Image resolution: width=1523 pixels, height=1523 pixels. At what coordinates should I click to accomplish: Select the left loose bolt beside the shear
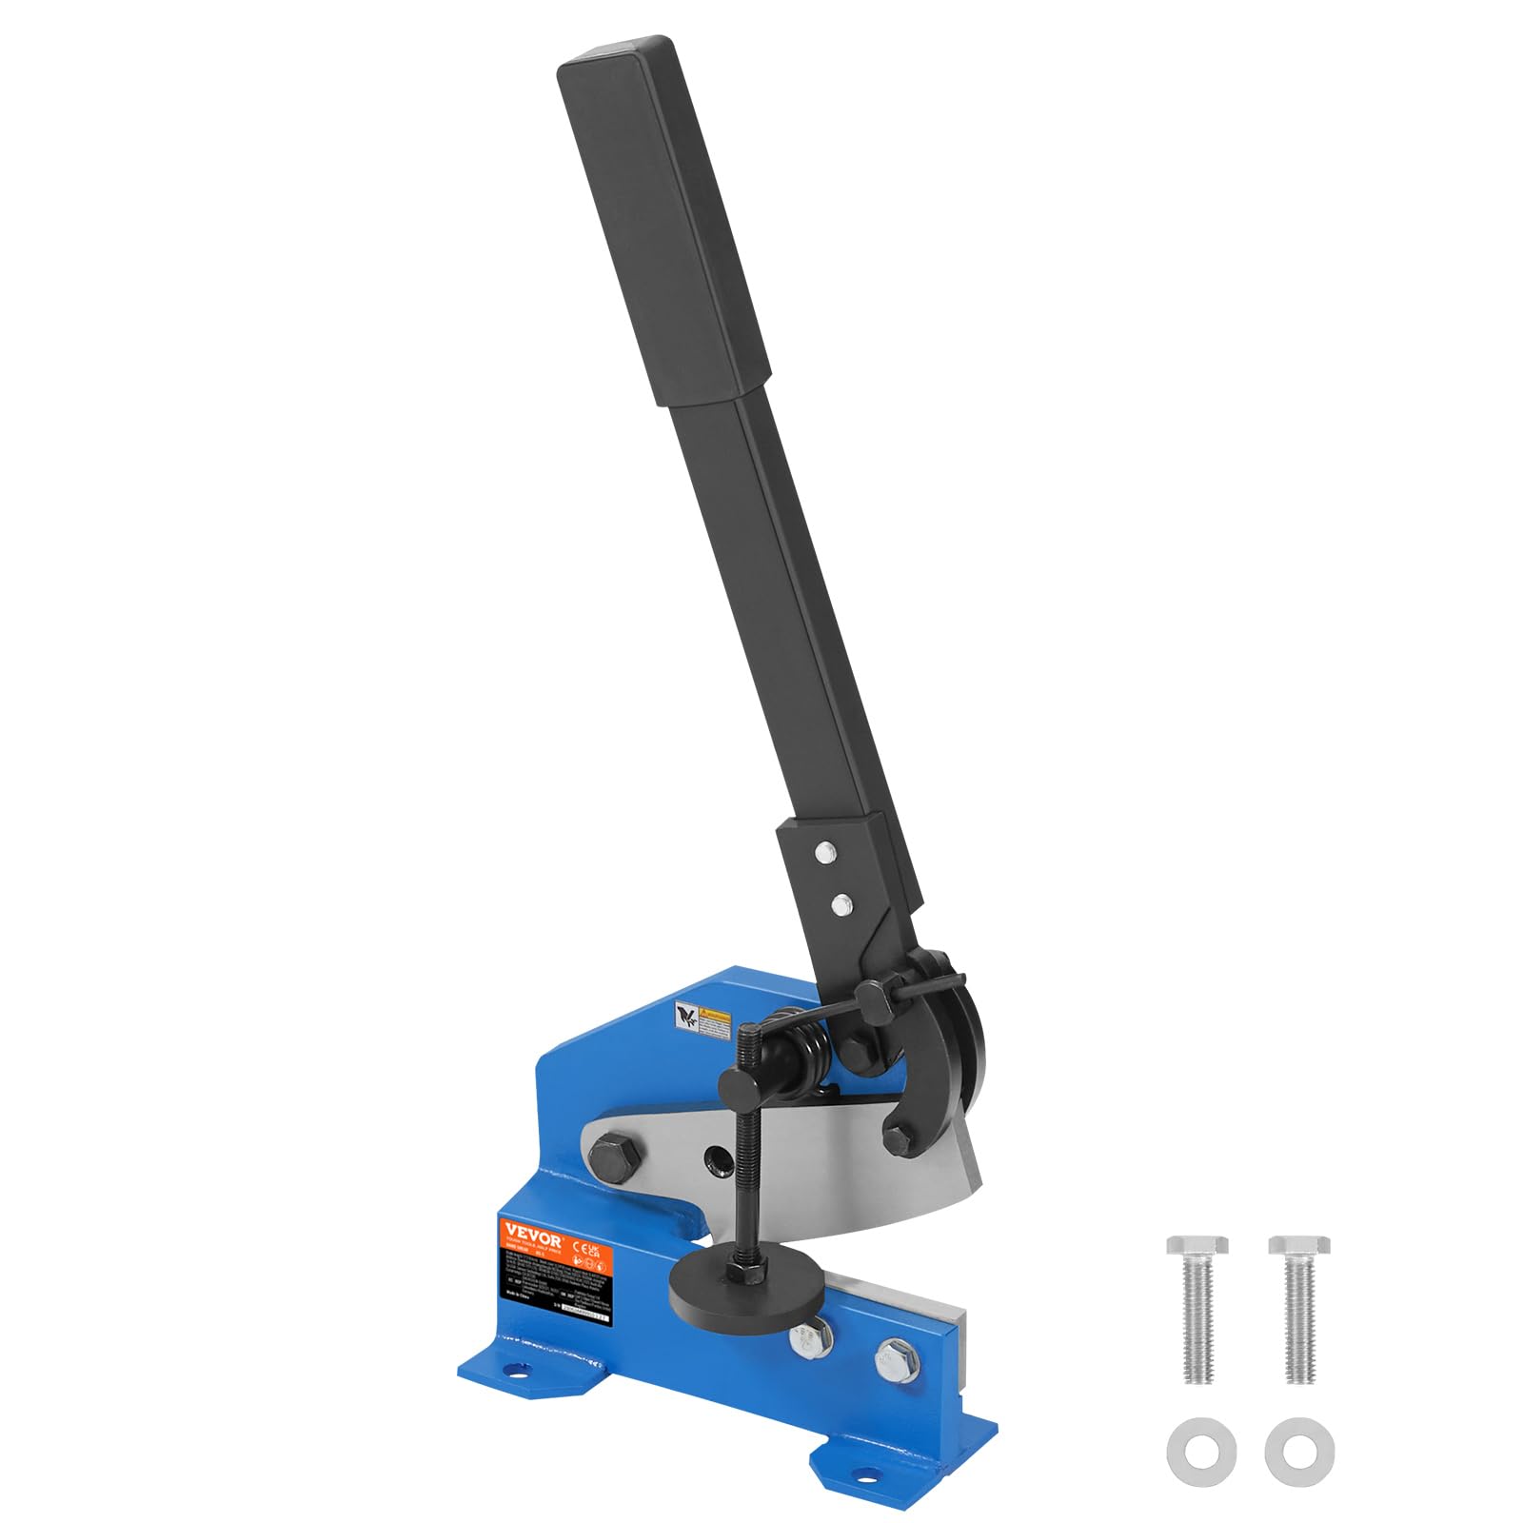pyautogui.click(x=1197, y=1309)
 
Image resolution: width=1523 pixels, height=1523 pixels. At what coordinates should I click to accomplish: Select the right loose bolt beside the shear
pyautogui.click(x=1299, y=1309)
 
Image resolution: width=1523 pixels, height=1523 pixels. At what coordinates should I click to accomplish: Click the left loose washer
pyautogui.click(x=1201, y=1451)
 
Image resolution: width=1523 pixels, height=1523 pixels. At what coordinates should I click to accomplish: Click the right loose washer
pyautogui.click(x=1299, y=1451)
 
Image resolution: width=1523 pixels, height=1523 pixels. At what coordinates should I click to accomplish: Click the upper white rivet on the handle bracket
pyautogui.click(x=826, y=853)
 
